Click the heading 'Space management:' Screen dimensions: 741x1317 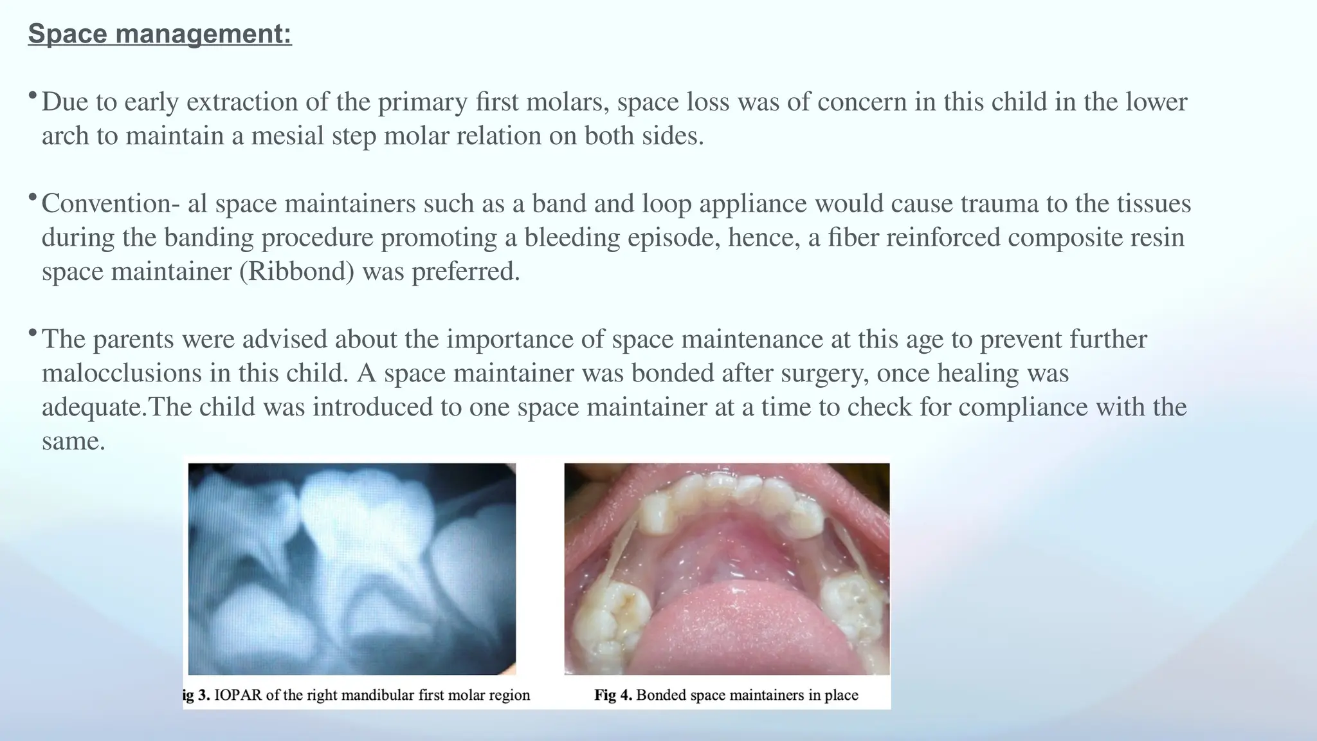coord(159,34)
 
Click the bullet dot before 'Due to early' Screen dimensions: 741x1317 coord(32,96)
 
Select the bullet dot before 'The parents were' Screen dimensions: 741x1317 coord(32,333)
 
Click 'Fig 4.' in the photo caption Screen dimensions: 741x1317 coord(613,695)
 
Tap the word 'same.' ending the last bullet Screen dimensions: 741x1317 coord(73,441)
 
